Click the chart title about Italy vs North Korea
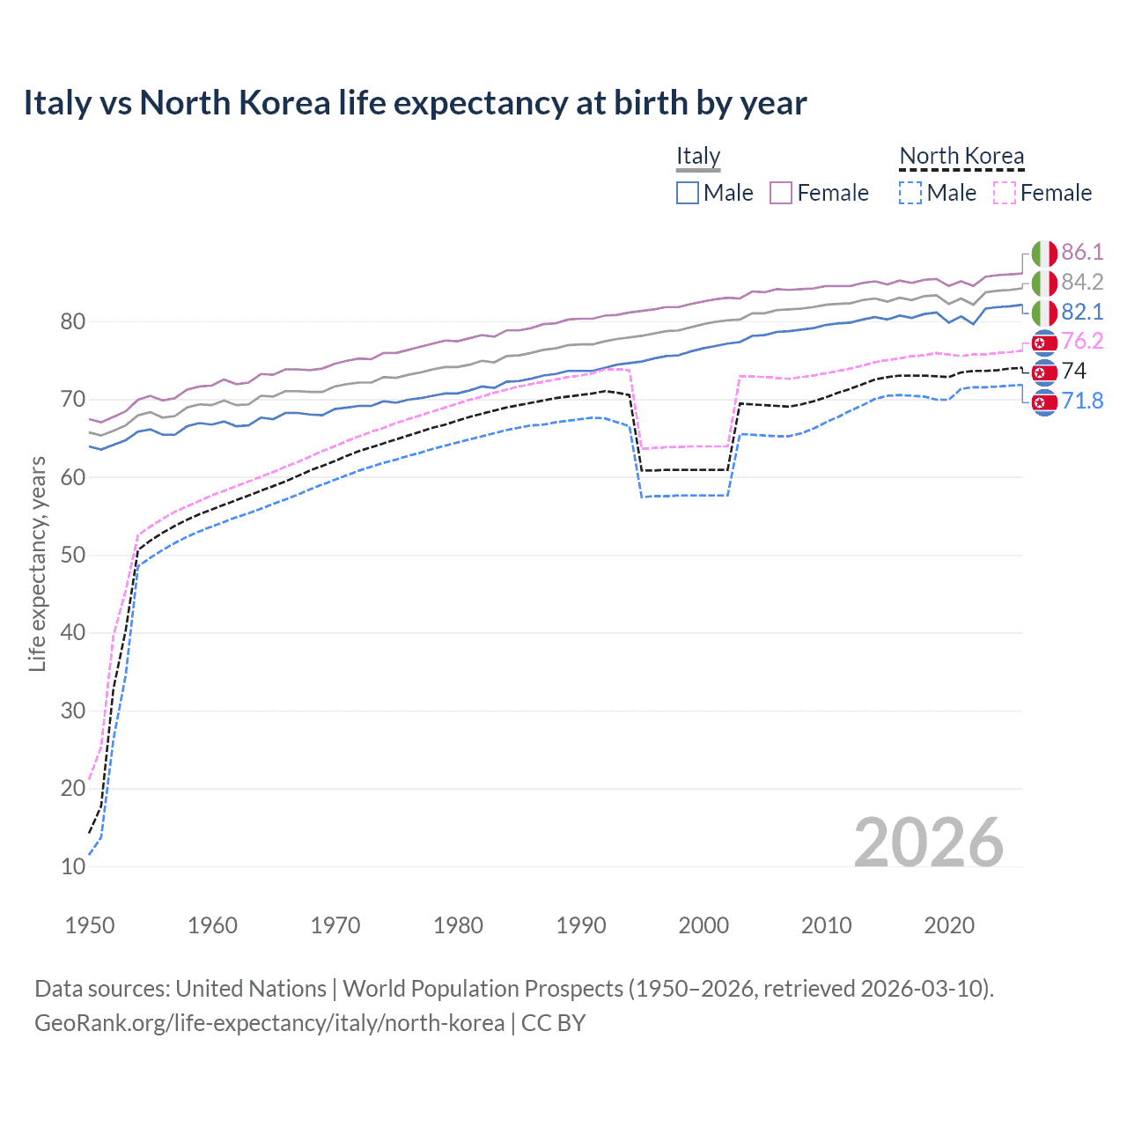tap(415, 103)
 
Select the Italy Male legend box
tap(688, 193)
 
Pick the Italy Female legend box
tap(781, 193)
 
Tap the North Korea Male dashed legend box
tap(910, 193)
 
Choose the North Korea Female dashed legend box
tap(1005, 193)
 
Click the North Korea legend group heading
tap(961, 156)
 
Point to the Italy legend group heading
tap(698, 156)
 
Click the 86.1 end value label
tap(1082, 253)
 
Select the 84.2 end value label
tap(1082, 283)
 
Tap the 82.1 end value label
tap(1082, 313)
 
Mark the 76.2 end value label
tap(1082, 342)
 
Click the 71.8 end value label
tap(1082, 401)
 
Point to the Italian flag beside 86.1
tap(1044, 254)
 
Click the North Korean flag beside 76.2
tap(1044, 343)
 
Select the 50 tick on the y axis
tap(73, 556)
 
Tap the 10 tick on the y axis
tap(73, 866)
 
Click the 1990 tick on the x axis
tap(581, 925)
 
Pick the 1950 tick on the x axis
tap(90, 925)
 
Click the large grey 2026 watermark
tap(928, 843)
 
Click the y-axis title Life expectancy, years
tap(37, 563)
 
